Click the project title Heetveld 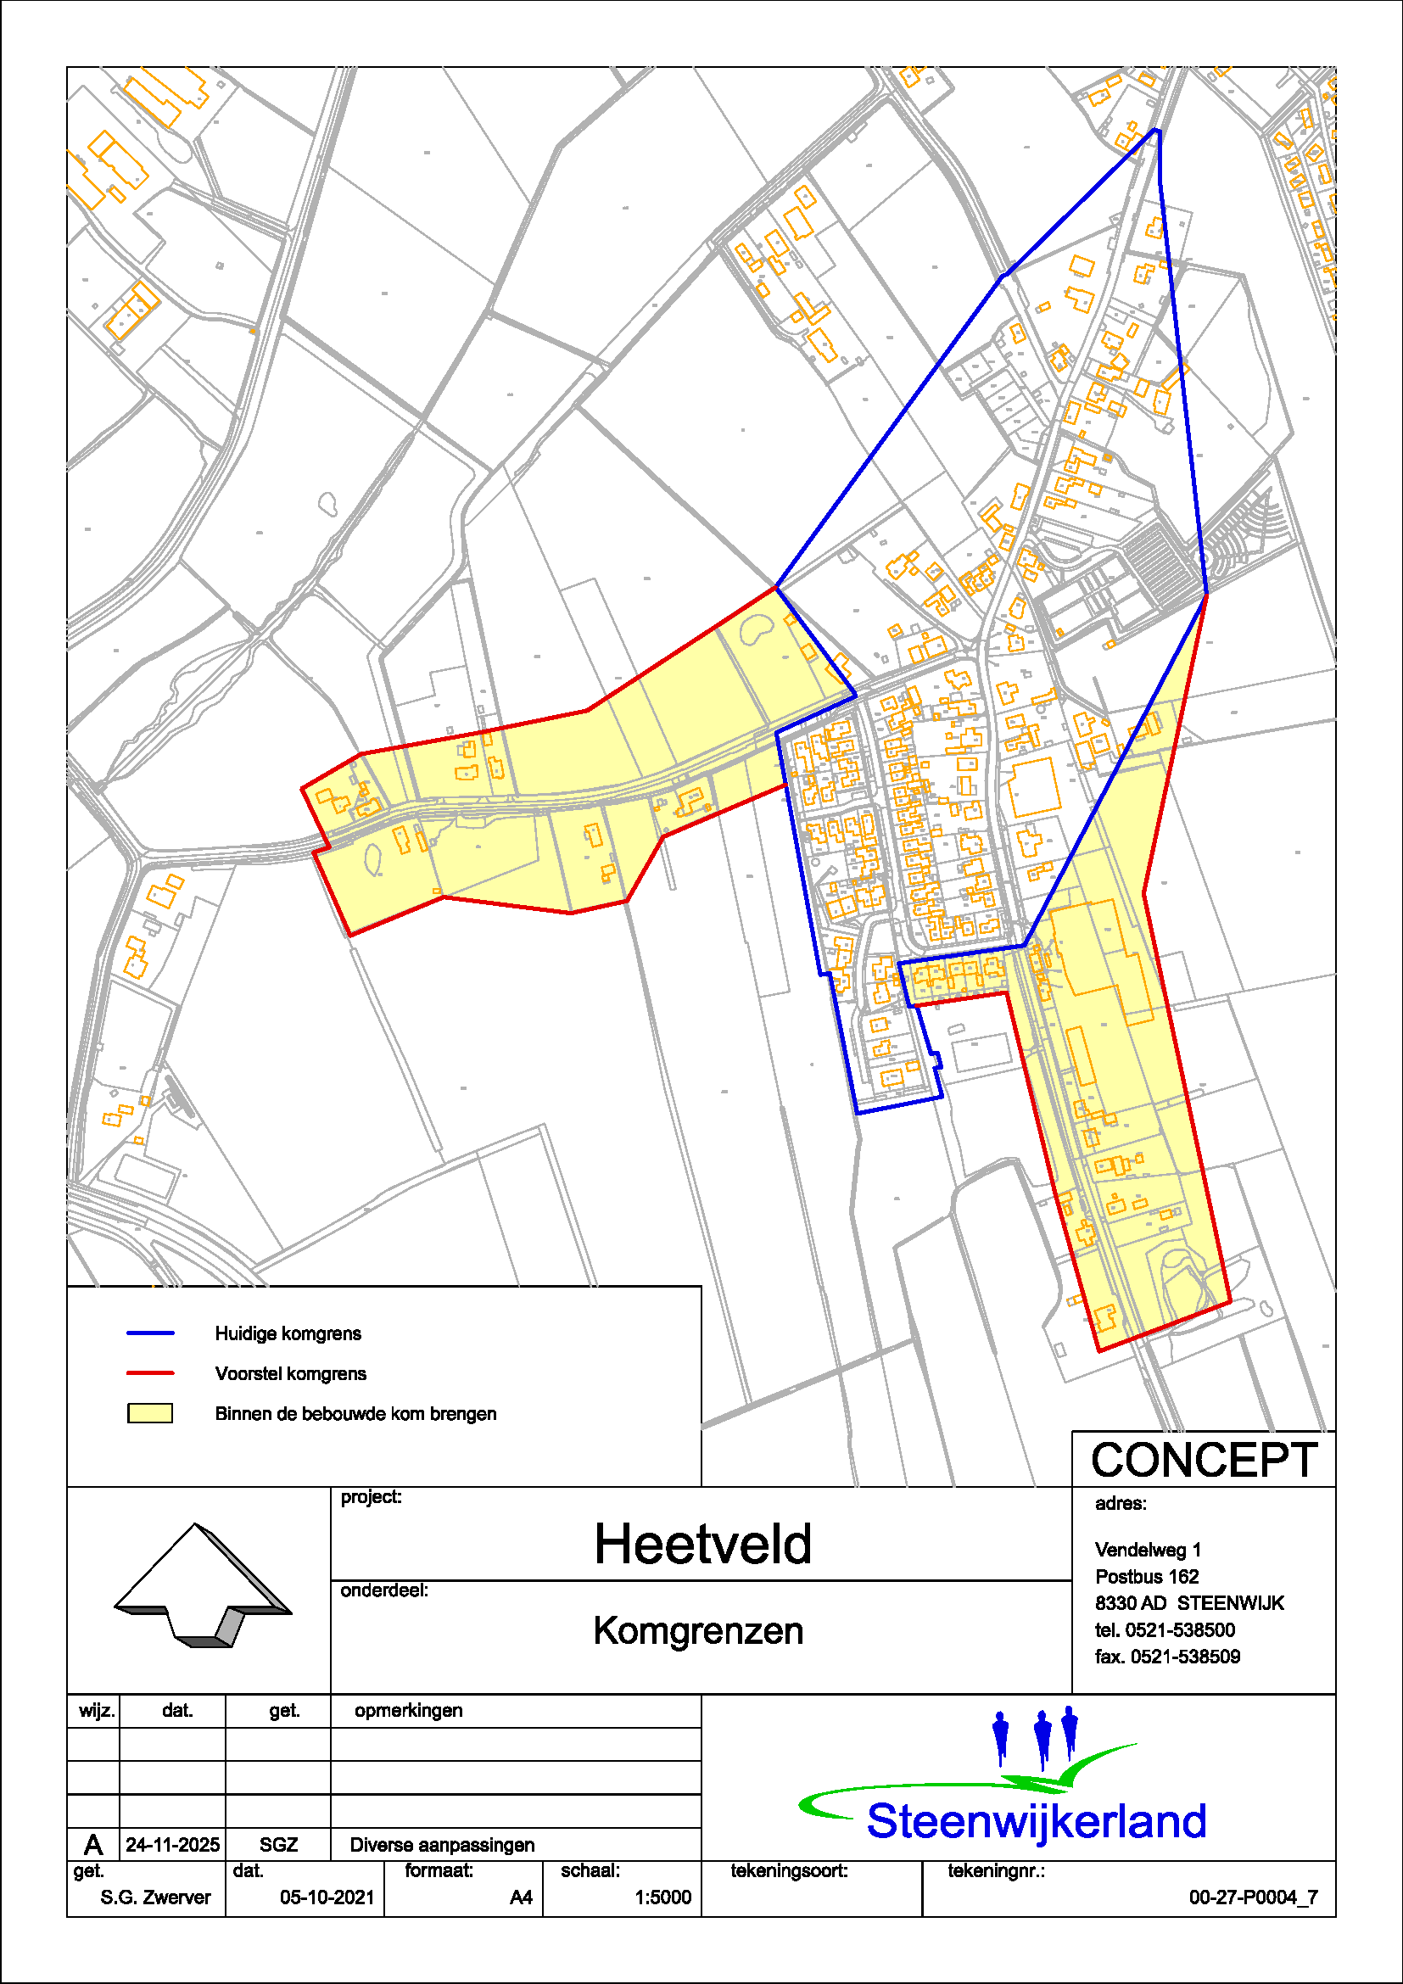(702, 1544)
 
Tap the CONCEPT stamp (1205, 1461)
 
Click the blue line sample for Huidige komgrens (150, 1333)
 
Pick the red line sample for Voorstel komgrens (150, 1373)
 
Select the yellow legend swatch (150, 1414)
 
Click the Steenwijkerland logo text (1036, 1821)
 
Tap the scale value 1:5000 (662, 1897)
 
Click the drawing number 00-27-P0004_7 (1253, 1897)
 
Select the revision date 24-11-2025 (173, 1845)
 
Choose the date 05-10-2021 (327, 1897)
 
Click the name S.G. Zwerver (155, 1897)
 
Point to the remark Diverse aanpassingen (442, 1845)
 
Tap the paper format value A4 (521, 1897)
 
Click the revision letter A (93, 1845)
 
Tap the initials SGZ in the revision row (278, 1845)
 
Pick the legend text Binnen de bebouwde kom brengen (356, 1414)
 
